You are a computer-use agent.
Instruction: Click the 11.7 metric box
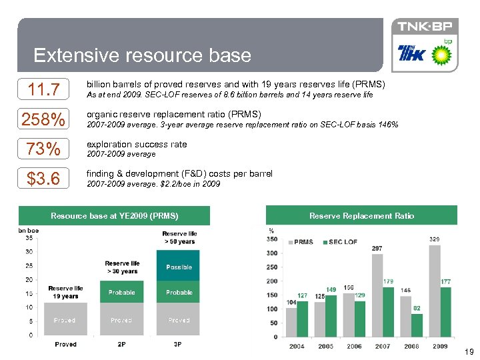point(44,89)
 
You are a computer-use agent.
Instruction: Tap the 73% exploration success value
point(44,149)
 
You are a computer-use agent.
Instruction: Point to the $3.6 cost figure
point(44,179)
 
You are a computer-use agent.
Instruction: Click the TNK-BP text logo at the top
point(424,27)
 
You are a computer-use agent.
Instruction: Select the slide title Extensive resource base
point(142,55)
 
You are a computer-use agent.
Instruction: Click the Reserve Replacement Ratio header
point(361,215)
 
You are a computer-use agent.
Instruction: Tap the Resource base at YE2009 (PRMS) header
point(115,215)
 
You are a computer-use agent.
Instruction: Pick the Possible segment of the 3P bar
point(179,267)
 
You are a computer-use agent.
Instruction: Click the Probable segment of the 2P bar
point(121,292)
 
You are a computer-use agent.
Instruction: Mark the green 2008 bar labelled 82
point(416,325)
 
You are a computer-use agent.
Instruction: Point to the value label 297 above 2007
point(377,248)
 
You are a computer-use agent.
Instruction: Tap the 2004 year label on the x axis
point(296,346)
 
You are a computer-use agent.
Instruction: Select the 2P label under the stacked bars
point(121,344)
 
